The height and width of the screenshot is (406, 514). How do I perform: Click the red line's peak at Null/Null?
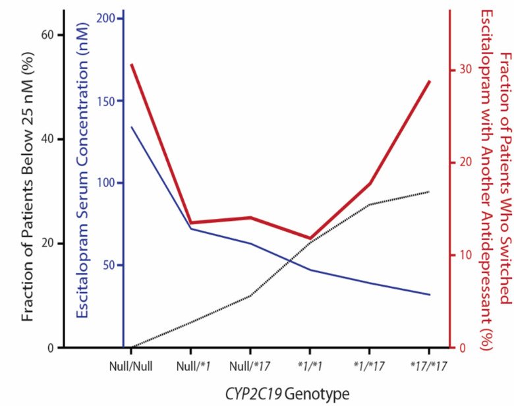pos(132,65)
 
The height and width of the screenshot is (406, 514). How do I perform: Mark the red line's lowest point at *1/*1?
pos(310,238)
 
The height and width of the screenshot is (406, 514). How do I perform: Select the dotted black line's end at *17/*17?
pos(429,192)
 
